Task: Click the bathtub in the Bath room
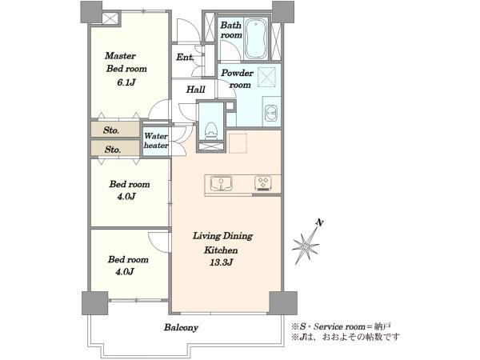256,38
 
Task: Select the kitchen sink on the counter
221,184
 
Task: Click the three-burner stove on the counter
263,184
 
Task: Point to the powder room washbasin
271,112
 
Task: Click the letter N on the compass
320,222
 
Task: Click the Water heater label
156,140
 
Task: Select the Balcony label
182,327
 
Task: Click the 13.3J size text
222,262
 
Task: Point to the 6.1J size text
126,82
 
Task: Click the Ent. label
185,57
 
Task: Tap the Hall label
196,90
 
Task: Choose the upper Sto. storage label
111,130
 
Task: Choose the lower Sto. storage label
113,150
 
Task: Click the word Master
120,56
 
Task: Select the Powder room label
238,78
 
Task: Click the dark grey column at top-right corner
283,12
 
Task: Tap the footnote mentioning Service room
341,326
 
